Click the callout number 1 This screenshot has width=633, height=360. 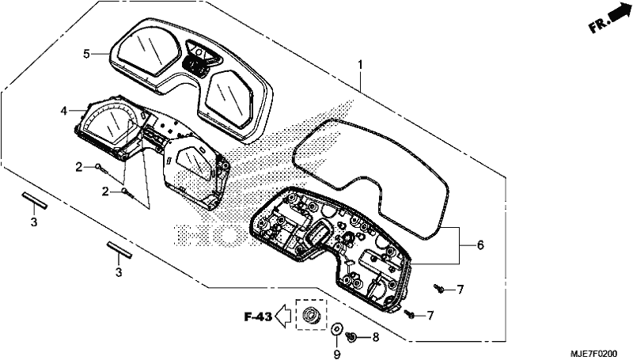360,65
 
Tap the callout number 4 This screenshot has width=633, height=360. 64,110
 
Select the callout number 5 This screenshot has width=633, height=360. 86,53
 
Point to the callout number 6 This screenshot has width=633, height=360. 480,245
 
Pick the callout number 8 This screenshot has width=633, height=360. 376,337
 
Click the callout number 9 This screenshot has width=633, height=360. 337,354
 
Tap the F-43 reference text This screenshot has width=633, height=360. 259,316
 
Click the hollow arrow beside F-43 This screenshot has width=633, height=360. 283,316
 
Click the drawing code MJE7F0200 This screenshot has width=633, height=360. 593,354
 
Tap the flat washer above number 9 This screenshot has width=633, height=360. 336,328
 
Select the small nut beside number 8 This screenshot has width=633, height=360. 351,335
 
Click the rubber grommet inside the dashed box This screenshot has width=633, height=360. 311,313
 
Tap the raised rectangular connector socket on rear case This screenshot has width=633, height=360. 319,233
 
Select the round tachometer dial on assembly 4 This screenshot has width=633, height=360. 110,124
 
